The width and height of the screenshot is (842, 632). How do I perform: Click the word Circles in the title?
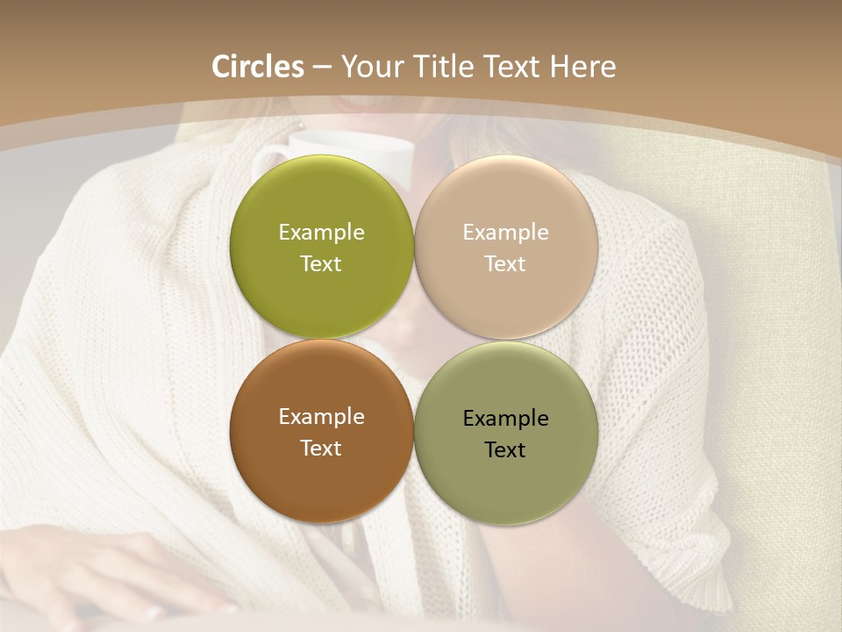257,67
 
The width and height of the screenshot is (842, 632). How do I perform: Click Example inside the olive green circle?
321,233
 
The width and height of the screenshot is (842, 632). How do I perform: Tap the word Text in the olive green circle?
321,264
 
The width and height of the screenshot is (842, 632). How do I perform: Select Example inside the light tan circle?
505,233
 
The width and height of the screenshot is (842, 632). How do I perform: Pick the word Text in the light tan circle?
505,264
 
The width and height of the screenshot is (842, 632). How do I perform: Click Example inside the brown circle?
321,417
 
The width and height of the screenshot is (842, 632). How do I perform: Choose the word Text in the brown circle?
321,449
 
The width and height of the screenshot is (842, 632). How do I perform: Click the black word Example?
505,419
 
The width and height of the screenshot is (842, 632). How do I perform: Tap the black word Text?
505,450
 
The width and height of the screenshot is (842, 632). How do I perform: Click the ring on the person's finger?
155,613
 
